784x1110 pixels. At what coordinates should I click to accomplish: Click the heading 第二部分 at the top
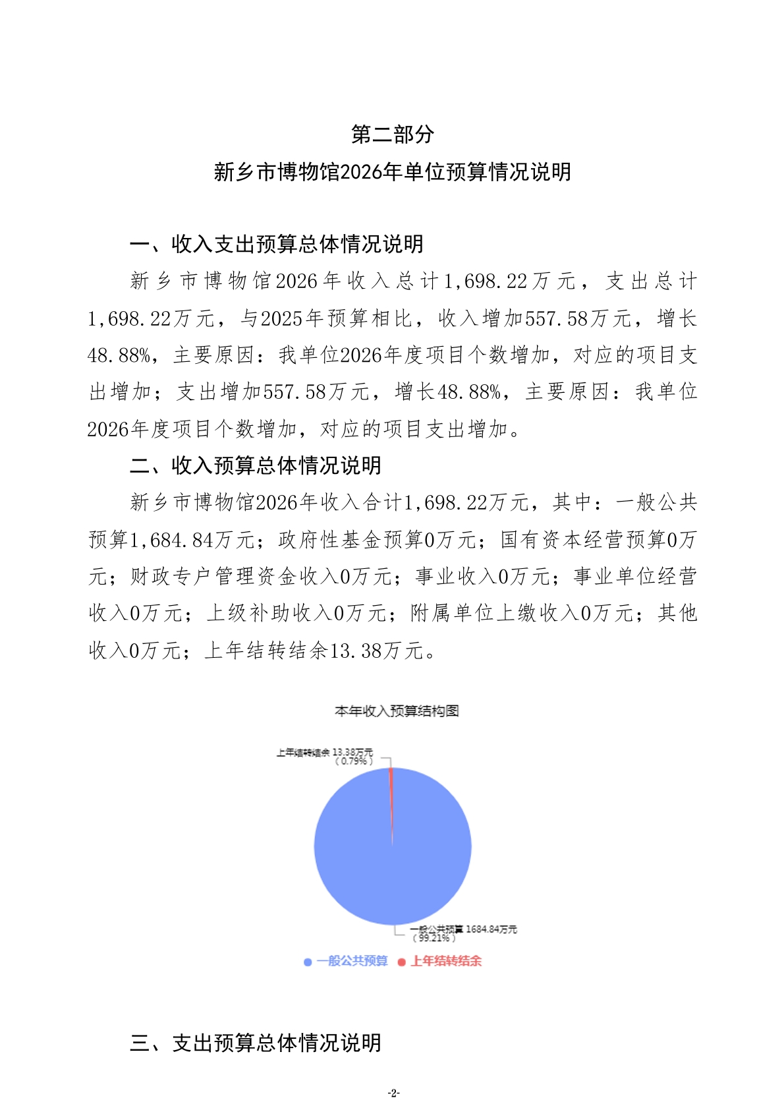392,134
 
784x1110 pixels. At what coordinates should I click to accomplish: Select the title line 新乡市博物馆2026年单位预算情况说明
392,172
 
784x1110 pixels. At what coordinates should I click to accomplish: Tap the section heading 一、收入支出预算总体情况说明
277,244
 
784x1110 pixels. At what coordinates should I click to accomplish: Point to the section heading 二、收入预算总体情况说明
256,465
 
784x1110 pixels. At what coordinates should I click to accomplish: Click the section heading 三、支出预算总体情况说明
256,1042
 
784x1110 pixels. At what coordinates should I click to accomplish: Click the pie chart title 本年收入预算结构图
396,711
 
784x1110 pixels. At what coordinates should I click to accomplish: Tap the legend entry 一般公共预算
352,961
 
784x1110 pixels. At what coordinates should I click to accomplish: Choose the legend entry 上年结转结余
446,961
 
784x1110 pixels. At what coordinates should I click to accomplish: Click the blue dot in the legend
308,962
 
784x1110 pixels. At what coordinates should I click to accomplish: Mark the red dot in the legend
401,962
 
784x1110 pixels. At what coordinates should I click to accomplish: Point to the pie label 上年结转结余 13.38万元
324,752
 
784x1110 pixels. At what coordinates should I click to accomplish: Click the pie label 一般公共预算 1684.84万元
464,929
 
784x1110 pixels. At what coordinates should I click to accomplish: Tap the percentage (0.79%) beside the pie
354,761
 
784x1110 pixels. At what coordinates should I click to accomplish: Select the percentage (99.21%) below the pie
434,938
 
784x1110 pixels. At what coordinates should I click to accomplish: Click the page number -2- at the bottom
393,1092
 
